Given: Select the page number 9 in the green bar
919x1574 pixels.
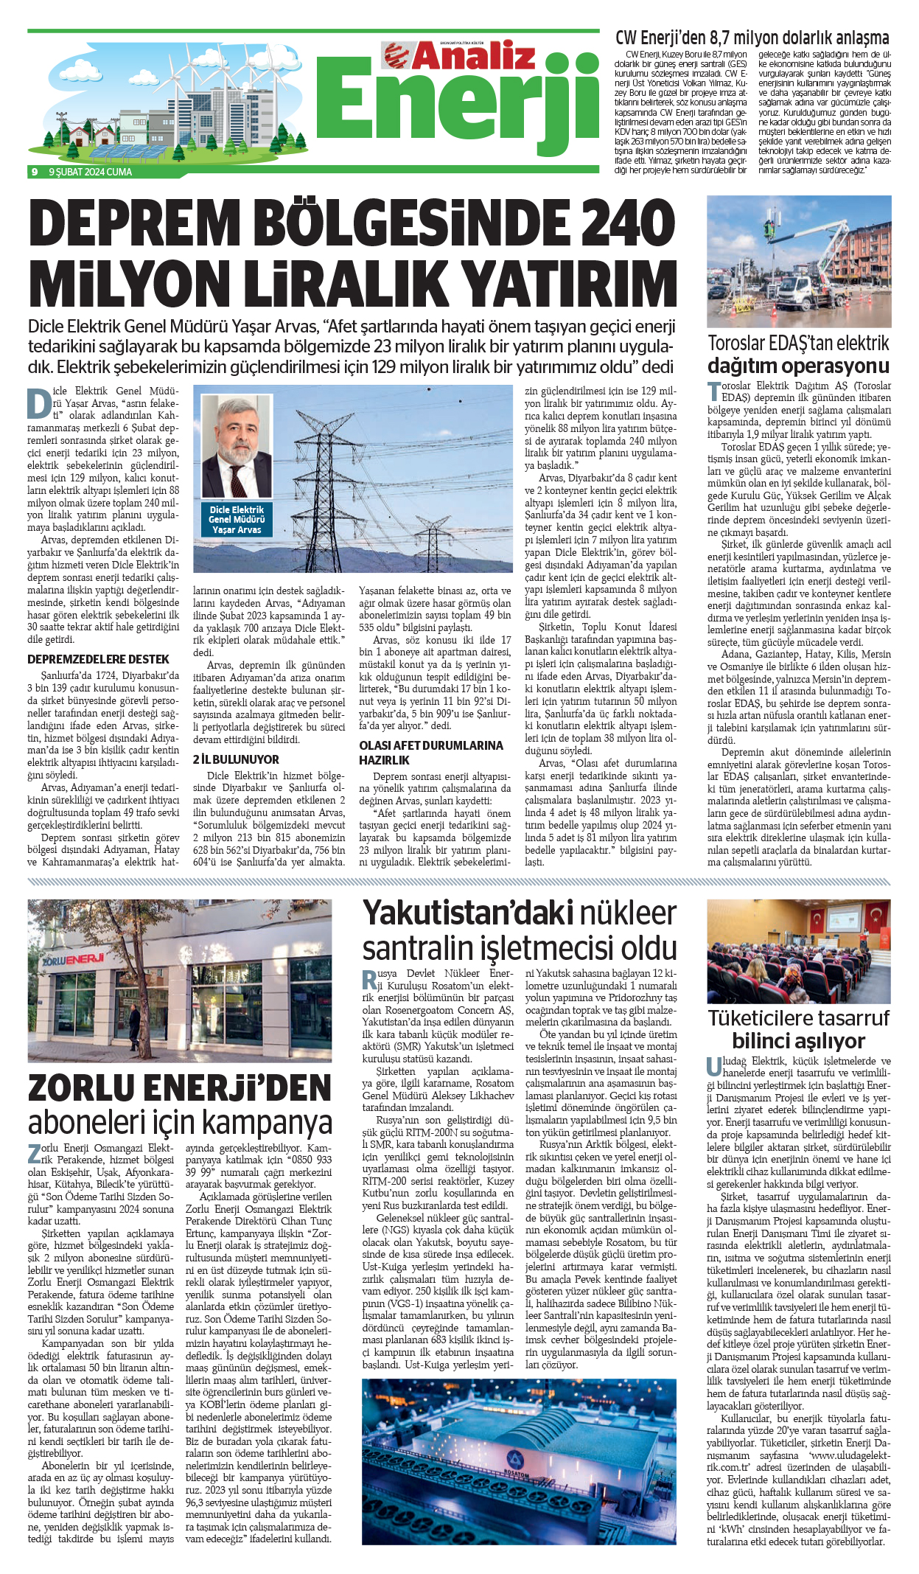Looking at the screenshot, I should (x=35, y=172).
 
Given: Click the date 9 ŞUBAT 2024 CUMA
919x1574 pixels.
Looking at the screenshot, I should (x=90, y=172).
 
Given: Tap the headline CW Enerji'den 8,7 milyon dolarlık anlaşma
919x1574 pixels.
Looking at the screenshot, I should (x=752, y=38).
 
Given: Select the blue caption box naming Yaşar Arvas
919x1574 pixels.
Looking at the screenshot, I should (x=237, y=520).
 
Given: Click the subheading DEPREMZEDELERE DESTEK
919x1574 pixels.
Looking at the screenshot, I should (x=98, y=659).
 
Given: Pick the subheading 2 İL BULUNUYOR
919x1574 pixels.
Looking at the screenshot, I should (x=236, y=759).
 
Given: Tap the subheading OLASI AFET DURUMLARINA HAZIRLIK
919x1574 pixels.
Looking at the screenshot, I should (x=431, y=753).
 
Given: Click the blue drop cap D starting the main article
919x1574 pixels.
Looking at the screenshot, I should (x=38, y=402).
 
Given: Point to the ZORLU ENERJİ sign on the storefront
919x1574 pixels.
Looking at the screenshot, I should (x=73, y=960).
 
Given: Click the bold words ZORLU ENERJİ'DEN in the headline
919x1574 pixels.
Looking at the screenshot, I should (x=180, y=1088).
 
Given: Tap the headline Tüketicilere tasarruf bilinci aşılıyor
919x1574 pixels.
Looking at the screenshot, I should (x=798, y=1029).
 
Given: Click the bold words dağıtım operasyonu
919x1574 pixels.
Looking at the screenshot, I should (x=798, y=366).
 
